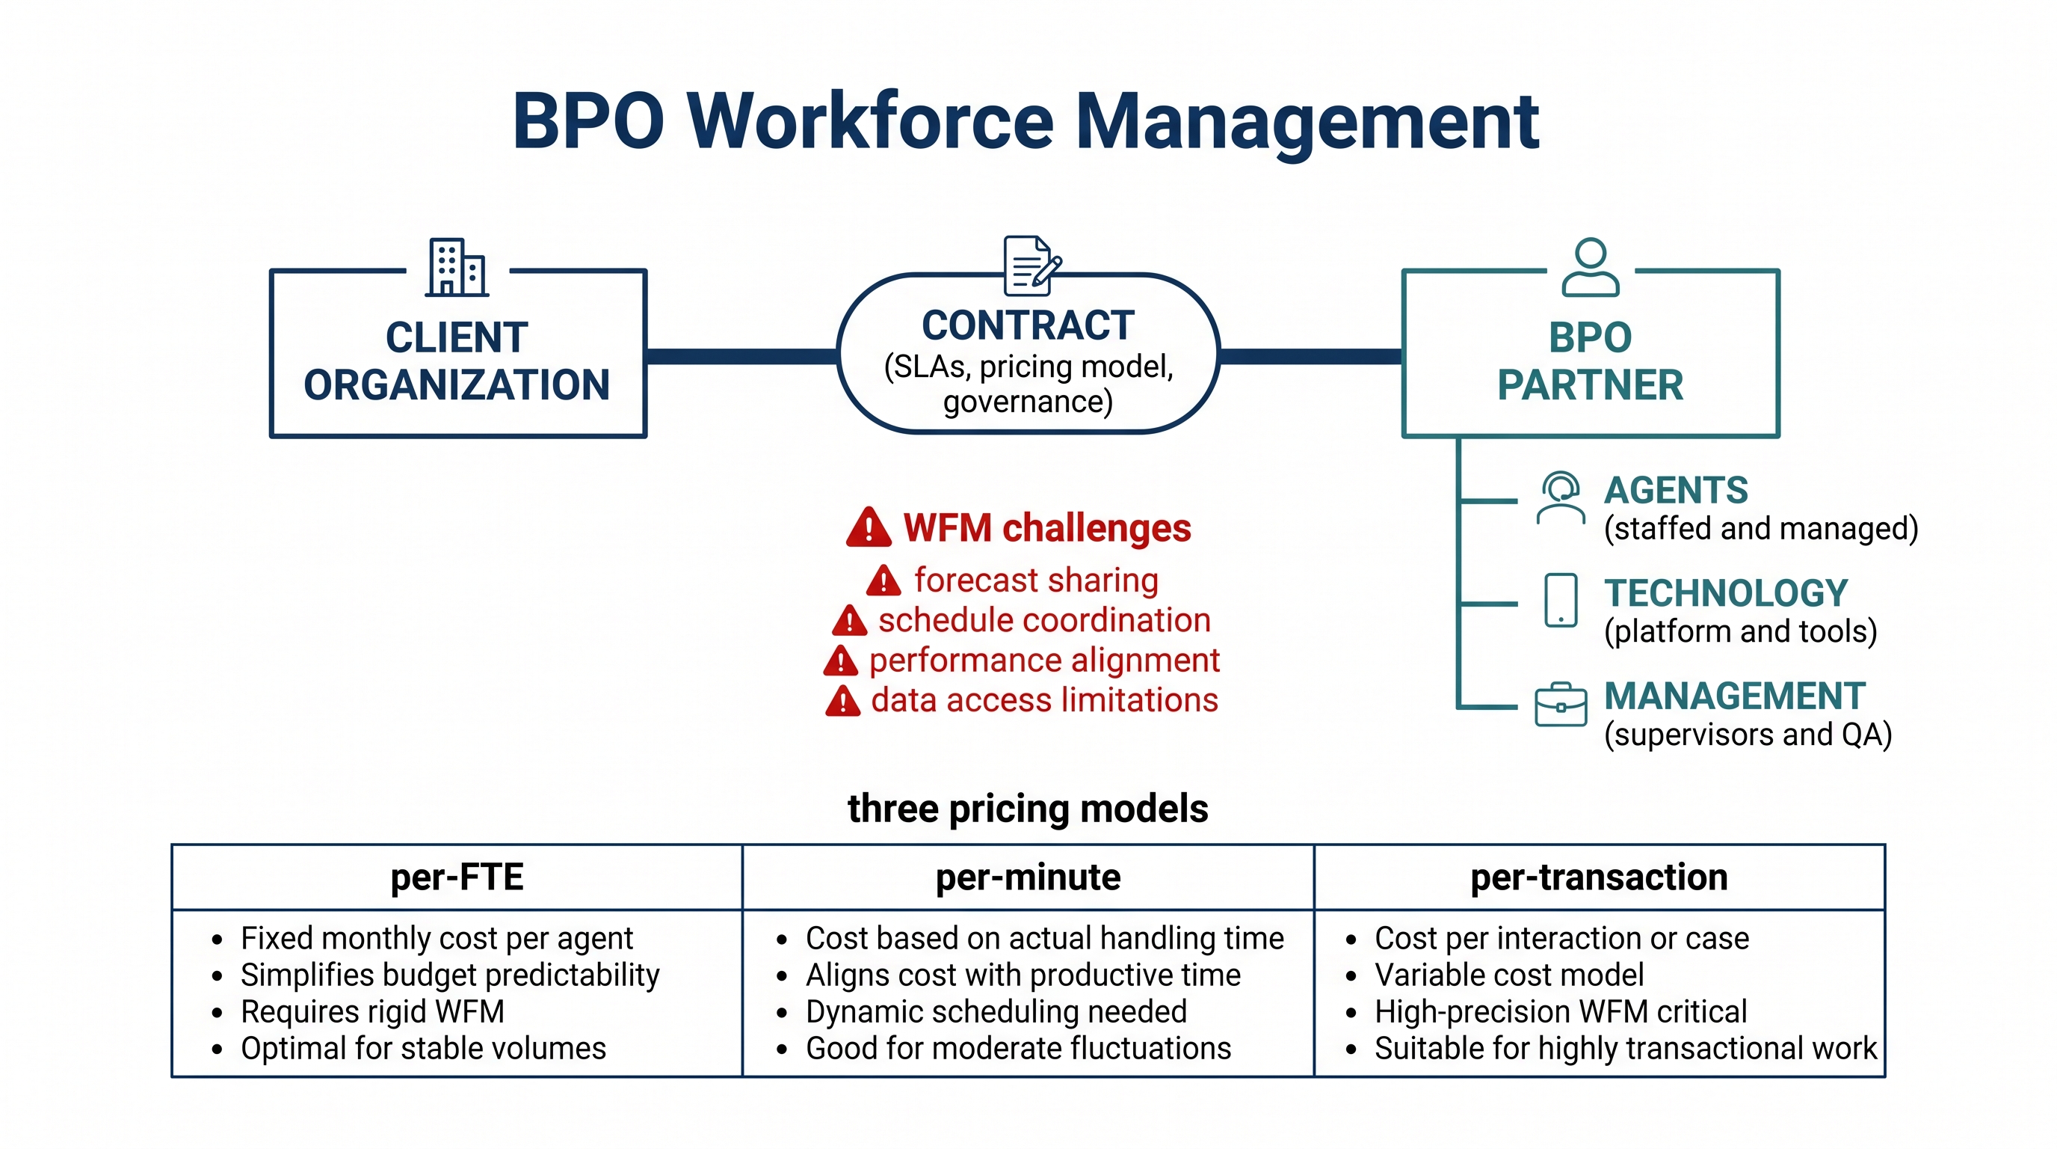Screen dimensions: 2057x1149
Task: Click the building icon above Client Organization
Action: tap(457, 267)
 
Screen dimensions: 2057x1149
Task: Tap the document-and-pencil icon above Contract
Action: tap(1032, 266)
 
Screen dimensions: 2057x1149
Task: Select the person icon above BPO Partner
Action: tap(1591, 267)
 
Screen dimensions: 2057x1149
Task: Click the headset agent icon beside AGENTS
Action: tap(1561, 497)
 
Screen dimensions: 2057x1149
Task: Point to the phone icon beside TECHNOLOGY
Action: tap(1561, 600)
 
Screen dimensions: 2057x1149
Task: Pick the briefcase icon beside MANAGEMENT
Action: tap(1561, 704)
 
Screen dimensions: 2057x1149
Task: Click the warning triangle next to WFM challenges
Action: tap(869, 527)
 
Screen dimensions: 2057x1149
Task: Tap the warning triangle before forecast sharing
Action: tap(884, 580)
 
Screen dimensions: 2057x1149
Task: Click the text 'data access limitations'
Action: tap(1044, 700)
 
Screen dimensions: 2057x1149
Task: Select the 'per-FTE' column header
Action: tap(457, 877)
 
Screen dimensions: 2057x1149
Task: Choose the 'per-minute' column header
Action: tap(1028, 877)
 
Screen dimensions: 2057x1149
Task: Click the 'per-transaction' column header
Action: tap(1600, 877)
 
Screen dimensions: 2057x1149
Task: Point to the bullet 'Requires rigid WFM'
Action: tap(372, 1011)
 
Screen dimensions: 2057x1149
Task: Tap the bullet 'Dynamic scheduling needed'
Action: tap(996, 1011)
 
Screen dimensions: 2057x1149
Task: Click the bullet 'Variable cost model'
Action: tap(1509, 975)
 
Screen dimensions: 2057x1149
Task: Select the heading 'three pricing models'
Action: tap(1028, 809)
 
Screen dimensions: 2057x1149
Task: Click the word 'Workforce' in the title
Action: tap(869, 121)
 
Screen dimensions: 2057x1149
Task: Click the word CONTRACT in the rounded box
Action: tap(1028, 325)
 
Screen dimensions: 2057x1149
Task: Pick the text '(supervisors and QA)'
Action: tap(1749, 735)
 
